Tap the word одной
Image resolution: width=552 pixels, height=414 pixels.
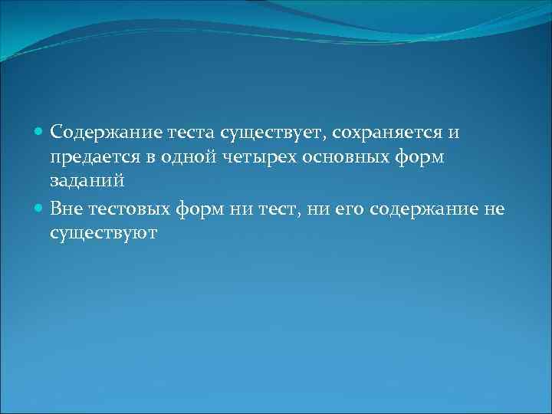178,157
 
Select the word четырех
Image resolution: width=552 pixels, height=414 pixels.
248,157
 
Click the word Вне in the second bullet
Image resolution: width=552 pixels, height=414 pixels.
66,208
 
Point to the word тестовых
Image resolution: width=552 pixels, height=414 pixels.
127,208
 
